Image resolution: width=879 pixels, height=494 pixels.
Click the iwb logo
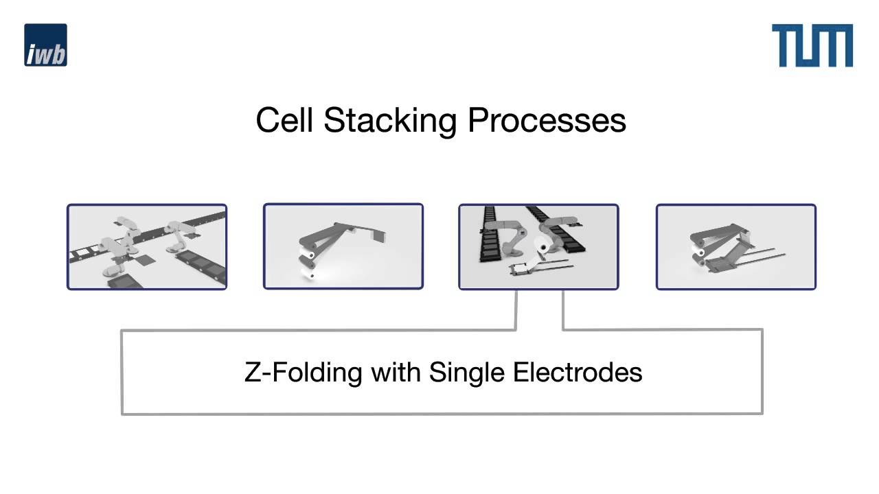point(45,45)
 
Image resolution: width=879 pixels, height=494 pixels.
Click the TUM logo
point(812,45)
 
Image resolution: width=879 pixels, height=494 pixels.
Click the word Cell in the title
point(285,120)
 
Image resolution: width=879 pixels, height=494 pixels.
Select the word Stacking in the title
point(390,120)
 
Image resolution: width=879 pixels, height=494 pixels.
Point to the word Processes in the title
point(547,120)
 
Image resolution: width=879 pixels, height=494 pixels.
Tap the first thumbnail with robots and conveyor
point(147,246)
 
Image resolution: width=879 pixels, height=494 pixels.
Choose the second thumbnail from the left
point(343,246)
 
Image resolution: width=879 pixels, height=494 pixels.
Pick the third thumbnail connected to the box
point(538,246)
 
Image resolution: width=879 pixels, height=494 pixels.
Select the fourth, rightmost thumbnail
point(735,246)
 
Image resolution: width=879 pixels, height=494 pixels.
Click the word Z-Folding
point(304,373)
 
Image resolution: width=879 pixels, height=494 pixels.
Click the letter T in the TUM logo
point(784,45)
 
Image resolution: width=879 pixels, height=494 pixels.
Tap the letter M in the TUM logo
point(834,45)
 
